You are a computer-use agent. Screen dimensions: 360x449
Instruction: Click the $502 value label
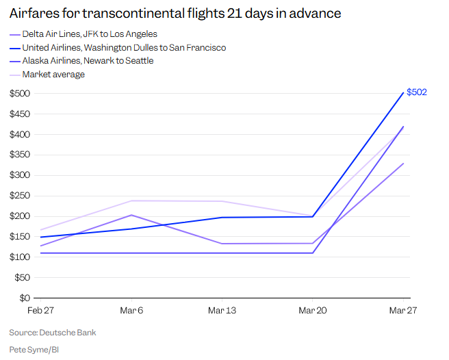(x=416, y=92)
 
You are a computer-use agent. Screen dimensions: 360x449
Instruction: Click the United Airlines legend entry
(x=123, y=47)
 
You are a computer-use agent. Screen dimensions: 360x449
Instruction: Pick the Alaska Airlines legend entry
(x=88, y=61)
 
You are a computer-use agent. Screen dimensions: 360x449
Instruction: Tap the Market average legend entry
(x=53, y=75)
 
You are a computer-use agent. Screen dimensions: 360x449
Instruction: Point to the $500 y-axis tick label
(x=19, y=93)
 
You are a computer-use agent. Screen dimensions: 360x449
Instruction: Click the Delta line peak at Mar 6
(x=131, y=215)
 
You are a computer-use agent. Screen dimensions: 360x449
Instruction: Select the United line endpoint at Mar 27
(x=403, y=92)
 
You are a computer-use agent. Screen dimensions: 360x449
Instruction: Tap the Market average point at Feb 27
(x=40, y=229)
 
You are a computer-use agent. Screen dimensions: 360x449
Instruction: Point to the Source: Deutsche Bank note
(x=53, y=333)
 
